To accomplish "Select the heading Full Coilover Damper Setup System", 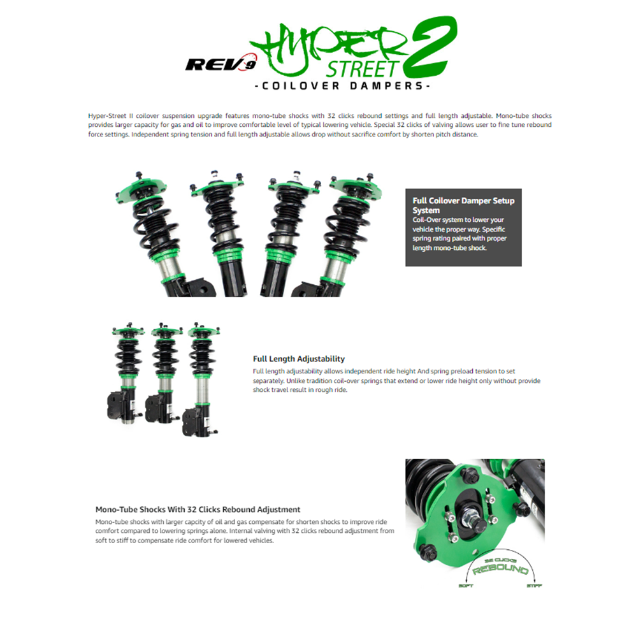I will (x=463, y=205).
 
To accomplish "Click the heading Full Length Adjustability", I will (x=299, y=359).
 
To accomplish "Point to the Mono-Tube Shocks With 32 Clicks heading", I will (x=198, y=509).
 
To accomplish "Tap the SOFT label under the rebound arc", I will (x=466, y=585).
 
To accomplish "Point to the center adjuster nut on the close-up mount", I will (x=475, y=510).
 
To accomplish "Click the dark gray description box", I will (x=463, y=227).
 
